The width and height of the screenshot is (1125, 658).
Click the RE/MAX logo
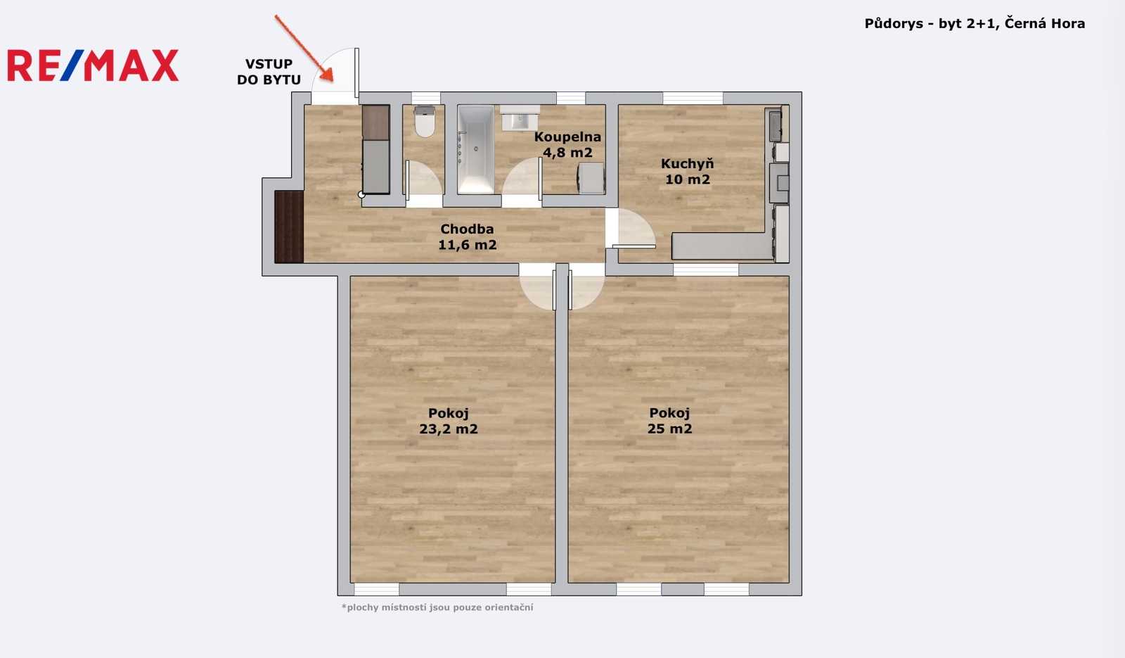[x=93, y=65]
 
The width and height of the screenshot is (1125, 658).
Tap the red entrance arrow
[x=304, y=48]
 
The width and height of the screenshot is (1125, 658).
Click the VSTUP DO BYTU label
[x=269, y=72]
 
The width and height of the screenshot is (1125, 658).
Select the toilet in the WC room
[x=425, y=121]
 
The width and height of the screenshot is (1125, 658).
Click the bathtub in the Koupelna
[x=475, y=149]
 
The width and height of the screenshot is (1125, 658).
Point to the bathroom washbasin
[x=520, y=118]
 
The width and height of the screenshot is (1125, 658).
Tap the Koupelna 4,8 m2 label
[x=567, y=144]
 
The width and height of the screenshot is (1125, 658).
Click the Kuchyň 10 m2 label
[x=687, y=172]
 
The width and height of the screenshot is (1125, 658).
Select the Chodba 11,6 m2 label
[x=467, y=236]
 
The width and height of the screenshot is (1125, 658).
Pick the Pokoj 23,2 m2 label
[x=449, y=421]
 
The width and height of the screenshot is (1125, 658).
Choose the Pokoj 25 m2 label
[x=669, y=421]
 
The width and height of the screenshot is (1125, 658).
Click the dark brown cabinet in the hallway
[x=289, y=227]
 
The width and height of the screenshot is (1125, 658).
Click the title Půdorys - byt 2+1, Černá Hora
[x=975, y=24]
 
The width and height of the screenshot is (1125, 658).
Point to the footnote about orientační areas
[x=437, y=607]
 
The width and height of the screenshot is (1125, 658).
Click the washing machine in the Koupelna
[x=591, y=177]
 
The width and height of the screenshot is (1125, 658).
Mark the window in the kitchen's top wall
[x=693, y=98]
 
